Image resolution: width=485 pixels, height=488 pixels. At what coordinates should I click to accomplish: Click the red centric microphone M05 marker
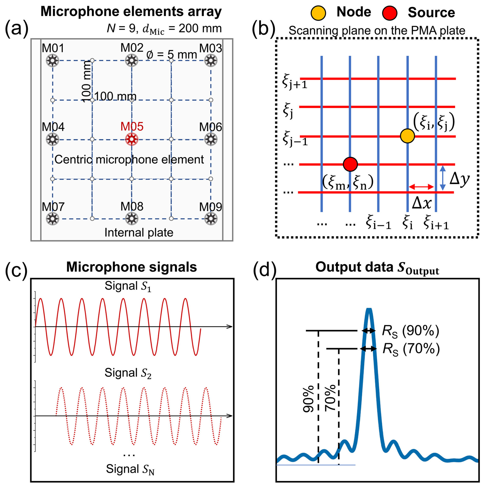pyautogui.click(x=132, y=139)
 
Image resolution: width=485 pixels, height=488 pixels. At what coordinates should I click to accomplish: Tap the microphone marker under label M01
pyautogui.click(x=53, y=61)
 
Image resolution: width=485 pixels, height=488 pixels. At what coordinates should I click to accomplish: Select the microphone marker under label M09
pyautogui.click(x=211, y=219)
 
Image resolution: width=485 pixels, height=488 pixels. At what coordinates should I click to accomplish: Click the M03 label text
pyautogui.click(x=210, y=48)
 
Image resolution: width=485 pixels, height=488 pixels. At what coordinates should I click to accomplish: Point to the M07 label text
pyautogui.click(x=53, y=207)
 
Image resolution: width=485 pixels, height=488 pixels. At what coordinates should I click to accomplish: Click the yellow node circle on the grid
pyautogui.click(x=407, y=136)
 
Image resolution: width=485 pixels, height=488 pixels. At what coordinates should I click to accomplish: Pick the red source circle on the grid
pyautogui.click(x=350, y=164)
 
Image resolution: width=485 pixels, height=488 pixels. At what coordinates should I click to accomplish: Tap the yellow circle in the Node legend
pyautogui.click(x=318, y=13)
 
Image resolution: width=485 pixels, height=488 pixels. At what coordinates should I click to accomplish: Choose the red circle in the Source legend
pyautogui.click(x=389, y=13)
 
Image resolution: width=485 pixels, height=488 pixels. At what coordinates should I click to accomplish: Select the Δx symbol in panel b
pyautogui.click(x=422, y=203)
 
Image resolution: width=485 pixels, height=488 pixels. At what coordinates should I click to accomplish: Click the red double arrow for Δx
pyautogui.click(x=421, y=187)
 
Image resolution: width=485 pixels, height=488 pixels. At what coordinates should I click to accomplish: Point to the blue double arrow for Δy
pyautogui.click(x=443, y=178)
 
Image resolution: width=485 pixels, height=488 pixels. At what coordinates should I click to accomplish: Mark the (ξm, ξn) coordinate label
pyautogui.click(x=348, y=183)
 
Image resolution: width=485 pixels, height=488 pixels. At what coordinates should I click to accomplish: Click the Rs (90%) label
pyautogui.click(x=410, y=331)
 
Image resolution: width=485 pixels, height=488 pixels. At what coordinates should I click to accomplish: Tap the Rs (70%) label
pyautogui.click(x=411, y=349)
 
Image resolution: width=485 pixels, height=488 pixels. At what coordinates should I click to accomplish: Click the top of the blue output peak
pyautogui.click(x=369, y=309)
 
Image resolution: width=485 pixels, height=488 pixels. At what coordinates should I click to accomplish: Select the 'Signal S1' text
pyautogui.click(x=128, y=286)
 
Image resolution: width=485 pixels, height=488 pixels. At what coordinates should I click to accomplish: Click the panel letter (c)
pyautogui.click(x=16, y=270)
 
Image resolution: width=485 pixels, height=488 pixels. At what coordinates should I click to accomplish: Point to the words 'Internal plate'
pyautogui.click(x=139, y=233)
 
